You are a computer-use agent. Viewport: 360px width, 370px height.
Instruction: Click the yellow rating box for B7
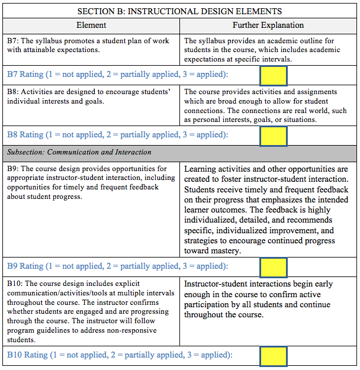273,75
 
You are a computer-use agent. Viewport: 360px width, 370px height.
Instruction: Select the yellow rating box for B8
273,136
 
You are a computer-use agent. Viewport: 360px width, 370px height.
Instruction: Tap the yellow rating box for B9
273,267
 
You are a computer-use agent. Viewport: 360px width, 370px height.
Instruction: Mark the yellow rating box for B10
273,356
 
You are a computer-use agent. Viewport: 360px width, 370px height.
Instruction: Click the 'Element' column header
91,25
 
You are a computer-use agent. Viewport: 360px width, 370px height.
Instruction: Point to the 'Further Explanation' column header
268,25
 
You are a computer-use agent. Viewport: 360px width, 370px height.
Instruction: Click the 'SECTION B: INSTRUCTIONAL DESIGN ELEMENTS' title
180,11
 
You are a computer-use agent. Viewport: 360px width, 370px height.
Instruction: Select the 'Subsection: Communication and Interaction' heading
79,152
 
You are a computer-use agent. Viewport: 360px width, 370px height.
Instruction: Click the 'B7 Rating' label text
27,75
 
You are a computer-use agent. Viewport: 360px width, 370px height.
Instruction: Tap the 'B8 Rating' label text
27,135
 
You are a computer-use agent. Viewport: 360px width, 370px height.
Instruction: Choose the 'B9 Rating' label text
27,266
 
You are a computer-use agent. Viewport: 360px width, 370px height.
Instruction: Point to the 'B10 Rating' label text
29,355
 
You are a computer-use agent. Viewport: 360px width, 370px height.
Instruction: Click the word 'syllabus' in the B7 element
53,41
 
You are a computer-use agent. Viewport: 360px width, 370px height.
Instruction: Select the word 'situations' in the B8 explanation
297,120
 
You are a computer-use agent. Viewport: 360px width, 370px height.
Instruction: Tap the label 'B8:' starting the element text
14,92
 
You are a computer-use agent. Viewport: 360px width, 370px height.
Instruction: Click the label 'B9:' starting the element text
14,169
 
